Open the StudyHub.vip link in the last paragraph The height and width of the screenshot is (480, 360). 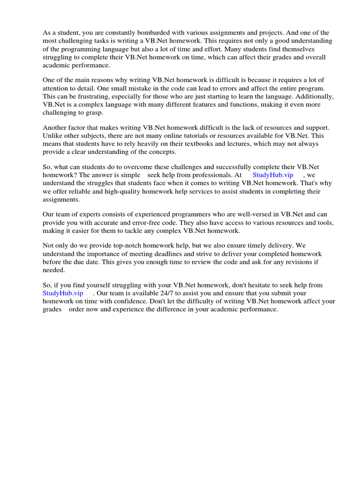63,293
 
